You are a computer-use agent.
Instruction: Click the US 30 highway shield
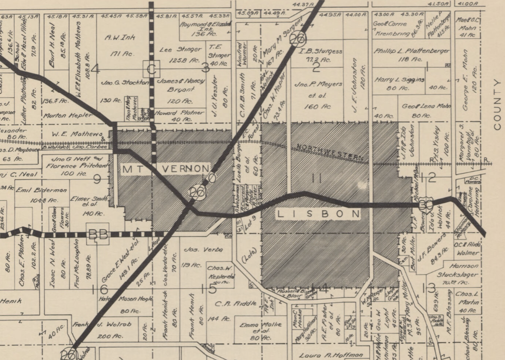pos(426,206)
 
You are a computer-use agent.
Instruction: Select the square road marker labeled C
pos(151,69)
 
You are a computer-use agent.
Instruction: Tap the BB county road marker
pos(97,234)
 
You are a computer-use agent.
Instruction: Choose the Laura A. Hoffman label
pos(324,355)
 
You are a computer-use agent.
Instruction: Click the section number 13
pos(430,288)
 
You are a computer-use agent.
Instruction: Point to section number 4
pos(95,70)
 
